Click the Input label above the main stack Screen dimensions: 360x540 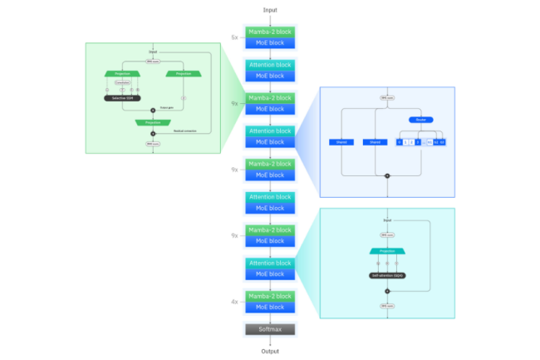click(270, 10)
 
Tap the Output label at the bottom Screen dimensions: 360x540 click(270, 351)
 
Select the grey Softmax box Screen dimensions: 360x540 click(270, 329)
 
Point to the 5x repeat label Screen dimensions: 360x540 click(235, 37)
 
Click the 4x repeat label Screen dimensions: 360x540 click(235, 303)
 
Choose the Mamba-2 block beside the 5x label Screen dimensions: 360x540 click(270, 32)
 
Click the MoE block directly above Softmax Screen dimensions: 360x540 click(270, 308)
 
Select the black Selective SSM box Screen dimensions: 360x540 click(123, 98)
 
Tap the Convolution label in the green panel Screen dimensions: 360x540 click(122, 83)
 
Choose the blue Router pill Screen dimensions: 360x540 click(420, 120)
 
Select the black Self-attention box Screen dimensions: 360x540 click(386, 274)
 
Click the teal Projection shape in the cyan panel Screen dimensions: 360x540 click(386, 249)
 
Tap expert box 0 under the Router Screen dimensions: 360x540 click(400, 142)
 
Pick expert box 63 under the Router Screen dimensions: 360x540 click(443, 142)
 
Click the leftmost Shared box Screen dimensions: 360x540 click(342, 142)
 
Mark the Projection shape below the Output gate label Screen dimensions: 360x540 click(153, 122)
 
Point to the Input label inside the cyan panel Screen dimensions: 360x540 click(387, 220)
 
